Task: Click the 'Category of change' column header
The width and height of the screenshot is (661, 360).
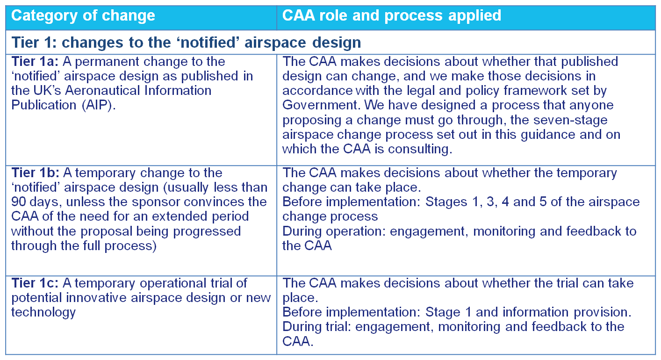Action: (x=83, y=16)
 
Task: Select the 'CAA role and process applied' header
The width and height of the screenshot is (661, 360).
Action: (x=392, y=15)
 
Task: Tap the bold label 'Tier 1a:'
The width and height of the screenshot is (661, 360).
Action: (x=35, y=62)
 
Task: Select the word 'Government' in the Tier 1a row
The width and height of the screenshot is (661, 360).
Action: (x=321, y=105)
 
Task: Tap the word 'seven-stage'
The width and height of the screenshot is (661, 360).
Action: (x=570, y=120)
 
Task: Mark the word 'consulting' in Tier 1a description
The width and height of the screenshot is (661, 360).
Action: (x=420, y=149)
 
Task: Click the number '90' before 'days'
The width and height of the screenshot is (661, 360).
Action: (x=18, y=202)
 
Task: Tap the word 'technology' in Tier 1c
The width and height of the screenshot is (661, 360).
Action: (x=43, y=313)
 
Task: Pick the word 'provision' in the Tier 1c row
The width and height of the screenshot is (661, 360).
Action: (x=602, y=312)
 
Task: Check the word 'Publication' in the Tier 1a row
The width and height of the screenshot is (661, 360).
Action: (x=43, y=105)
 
